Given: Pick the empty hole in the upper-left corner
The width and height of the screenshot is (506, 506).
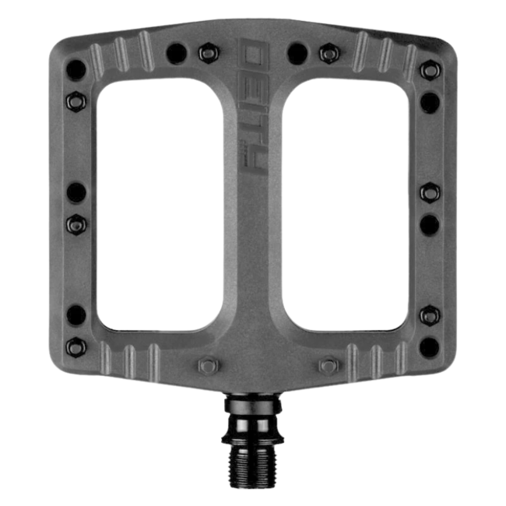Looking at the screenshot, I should (x=76, y=67).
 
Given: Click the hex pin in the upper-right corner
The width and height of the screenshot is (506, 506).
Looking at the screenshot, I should (x=428, y=69).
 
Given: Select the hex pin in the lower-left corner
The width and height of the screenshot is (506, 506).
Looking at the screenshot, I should (x=76, y=345).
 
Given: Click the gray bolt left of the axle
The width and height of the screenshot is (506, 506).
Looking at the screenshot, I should (x=207, y=365).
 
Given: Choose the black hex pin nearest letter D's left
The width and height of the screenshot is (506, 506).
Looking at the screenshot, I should (x=207, y=54).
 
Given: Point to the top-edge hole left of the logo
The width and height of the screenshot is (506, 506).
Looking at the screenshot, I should (x=175, y=53).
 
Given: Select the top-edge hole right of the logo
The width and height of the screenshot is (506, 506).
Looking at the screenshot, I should (x=297, y=53).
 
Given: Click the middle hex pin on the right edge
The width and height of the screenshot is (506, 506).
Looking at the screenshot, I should (x=429, y=192).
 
